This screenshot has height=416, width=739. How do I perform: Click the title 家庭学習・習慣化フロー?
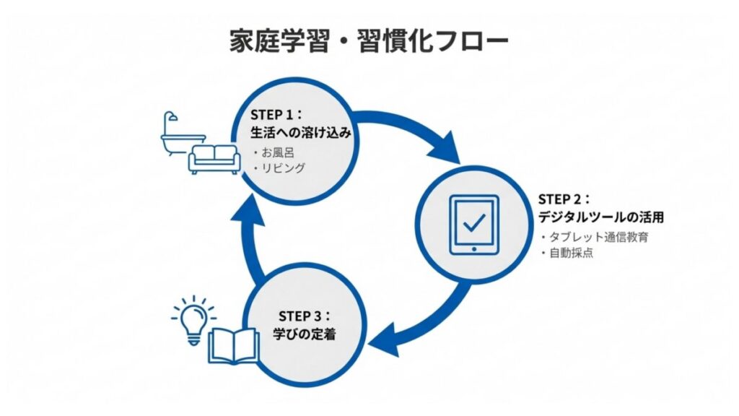pyautogui.click(x=369, y=40)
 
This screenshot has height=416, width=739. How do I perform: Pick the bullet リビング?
pyautogui.click(x=279, y=168)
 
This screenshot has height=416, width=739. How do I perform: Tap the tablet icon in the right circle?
pyautogui.click(x=473, y=225)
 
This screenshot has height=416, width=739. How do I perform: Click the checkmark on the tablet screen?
pyautogui.click(x=474, y=222)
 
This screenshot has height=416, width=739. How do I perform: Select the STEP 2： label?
pyautogui.click(x=565, y=199)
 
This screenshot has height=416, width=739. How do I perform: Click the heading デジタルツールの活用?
pyautogui.click(x=600, y=217)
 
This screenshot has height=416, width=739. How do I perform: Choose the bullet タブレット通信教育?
pyautogui.click(x=594, y=238)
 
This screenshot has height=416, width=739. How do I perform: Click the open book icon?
pyautogui.click(x=233, y=344)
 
